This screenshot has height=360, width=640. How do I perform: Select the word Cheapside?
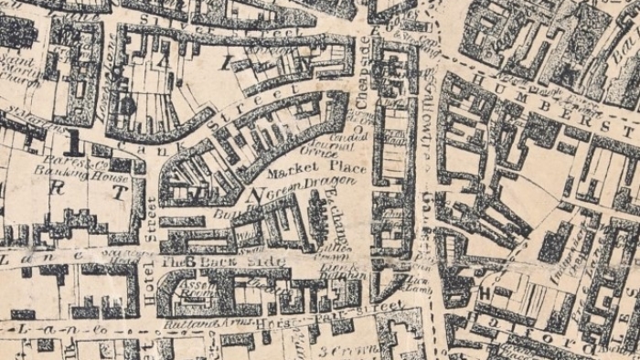coord(360,74)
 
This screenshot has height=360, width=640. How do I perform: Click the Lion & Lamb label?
coord(418,282)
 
